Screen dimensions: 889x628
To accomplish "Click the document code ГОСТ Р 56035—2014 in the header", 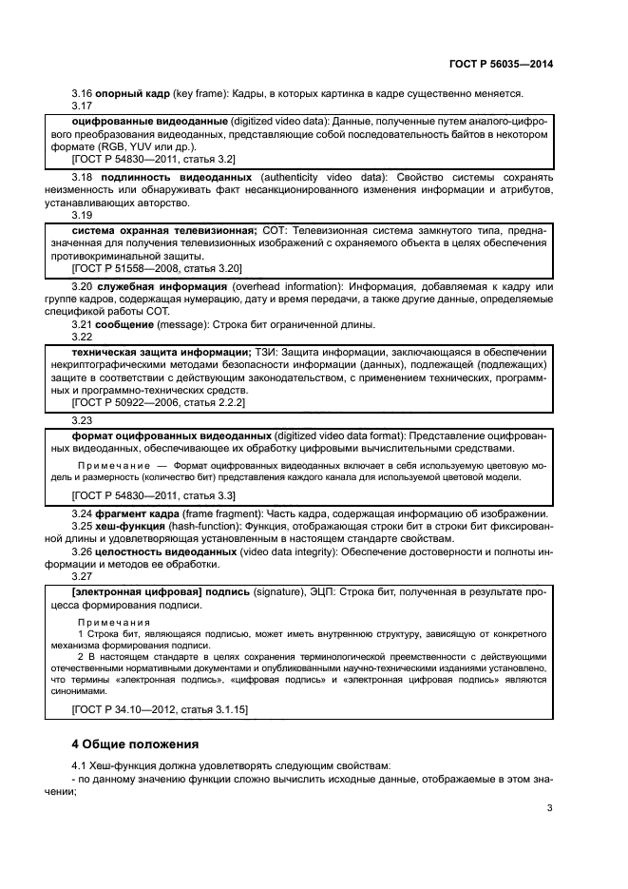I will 500,64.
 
